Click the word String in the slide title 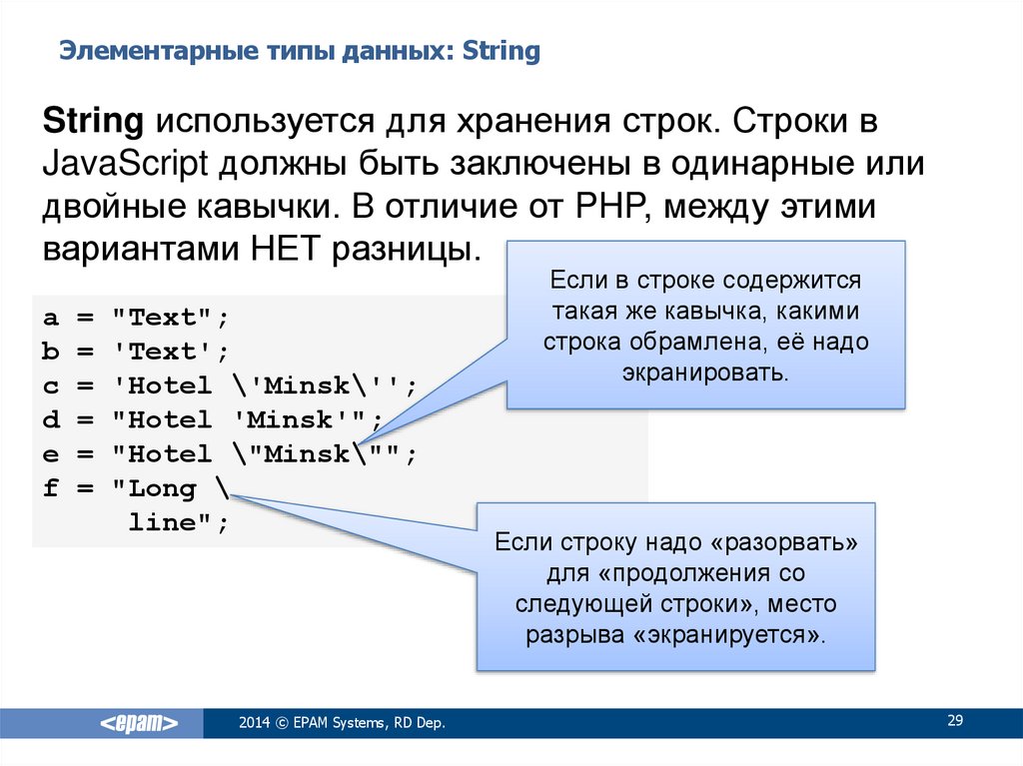click(x=502, y=52)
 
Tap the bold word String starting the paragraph click(x=93, y=122)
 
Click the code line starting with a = click(x=136, y=318)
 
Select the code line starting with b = click(x=136, y=352)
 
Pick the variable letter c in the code click(x=51, y=386)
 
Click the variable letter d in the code click(x=51, y=419)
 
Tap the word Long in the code click(x=163, y=489)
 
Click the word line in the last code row click(x=163, y=522)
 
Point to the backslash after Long click(x=223, y=486)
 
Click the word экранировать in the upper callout click(x=705, y=373)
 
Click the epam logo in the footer click(x=139, y=723)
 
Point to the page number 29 click(x=955, y=720)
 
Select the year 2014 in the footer click(x=254, y=722)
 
